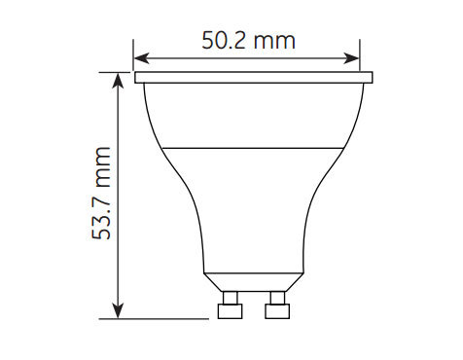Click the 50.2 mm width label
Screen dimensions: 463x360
pyautogui.click(x=248, y=41)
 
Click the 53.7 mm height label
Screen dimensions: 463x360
pyautogui.click(x=101, y=194)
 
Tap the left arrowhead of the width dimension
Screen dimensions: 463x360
pyautogui.click(x=142, y=58)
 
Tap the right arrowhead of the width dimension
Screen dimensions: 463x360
pyautogui.click(x=351, y=58)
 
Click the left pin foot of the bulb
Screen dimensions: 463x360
pyautogui.click(x=230, y=311)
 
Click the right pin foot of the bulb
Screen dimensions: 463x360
pyautogui.click(x=277, y=311)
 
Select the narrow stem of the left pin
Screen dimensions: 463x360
pyautogui.click(x=230, y=298)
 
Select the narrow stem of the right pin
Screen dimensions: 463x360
pyautogui.click(x=277, y=298)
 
